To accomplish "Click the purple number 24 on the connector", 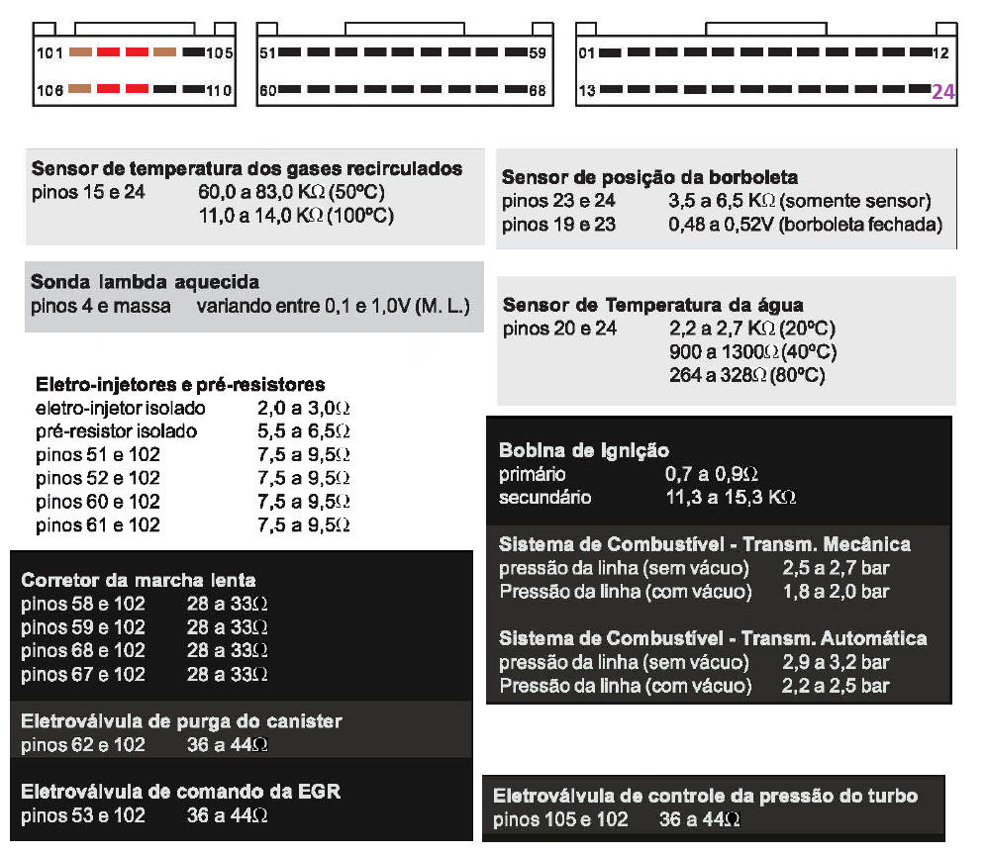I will tap(942, 92).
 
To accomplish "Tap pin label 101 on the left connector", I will tap(49, 52).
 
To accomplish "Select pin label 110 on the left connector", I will tap(219, 92).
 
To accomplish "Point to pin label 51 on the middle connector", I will tap(266, 52).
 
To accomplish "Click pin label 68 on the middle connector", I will tap(538, 91).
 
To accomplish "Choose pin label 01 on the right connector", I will tap(587, 52).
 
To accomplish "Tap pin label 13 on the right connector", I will tap(587, 91).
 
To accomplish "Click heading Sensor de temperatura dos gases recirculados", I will tap(247, 168).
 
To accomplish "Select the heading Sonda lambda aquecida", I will tap(145, 282).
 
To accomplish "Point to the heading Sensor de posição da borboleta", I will tap(649, 178).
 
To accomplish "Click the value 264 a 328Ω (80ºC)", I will tap(747, 376).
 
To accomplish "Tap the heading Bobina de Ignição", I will tap(584, 450).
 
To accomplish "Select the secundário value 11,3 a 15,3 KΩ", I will tap(731, 497).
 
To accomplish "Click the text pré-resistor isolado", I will tap(116, 431).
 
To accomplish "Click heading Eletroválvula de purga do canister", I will tap(181, 721).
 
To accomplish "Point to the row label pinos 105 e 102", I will tap(560, 819).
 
